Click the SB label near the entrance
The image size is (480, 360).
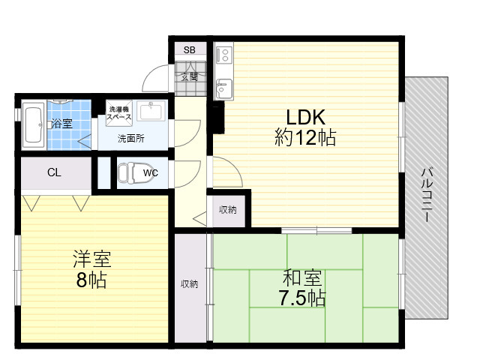[190, 50]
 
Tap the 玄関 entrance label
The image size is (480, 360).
[190, 77]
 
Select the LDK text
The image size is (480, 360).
[305, 117]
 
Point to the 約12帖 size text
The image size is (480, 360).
[305, 137]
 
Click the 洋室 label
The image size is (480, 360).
[91, 259]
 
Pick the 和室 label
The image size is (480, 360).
[302, 278]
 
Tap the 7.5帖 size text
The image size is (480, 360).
[301, 298]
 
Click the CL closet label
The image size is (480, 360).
[54, 172]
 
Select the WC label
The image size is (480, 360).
[150, 173]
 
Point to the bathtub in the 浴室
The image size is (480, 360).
[33, 124]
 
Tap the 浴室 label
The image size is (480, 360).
[61, 124]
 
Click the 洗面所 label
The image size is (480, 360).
[130, 139]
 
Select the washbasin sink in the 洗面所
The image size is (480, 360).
[151, 110]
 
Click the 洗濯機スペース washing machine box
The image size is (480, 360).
[119, 113]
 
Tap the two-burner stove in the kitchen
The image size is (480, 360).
[224, 55]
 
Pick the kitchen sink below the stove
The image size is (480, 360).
[224, 88]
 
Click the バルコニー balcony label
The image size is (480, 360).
[427, 195]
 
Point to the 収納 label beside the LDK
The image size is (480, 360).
[228, 210]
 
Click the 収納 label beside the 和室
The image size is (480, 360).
[189, 284]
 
